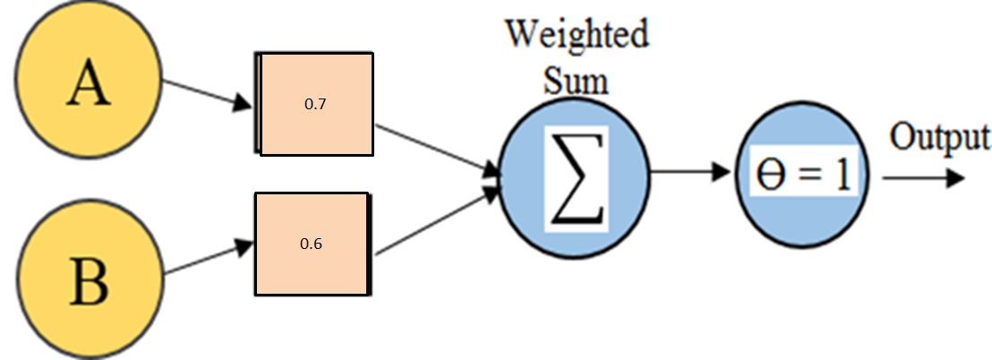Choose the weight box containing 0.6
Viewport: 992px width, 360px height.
coord(312,244)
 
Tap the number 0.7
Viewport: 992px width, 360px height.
coord(314,105)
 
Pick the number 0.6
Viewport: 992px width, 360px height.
coord(312,244)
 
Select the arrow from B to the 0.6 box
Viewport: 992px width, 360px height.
coord(209,260)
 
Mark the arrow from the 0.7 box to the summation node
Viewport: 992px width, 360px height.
coord(438,150)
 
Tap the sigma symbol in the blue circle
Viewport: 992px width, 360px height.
coord(577,179)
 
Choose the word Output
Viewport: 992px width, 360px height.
coord(939,136)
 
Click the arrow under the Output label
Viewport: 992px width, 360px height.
coord(924,178)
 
